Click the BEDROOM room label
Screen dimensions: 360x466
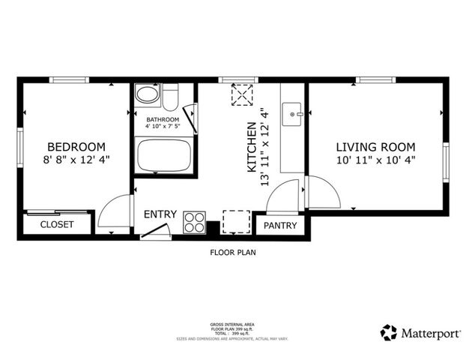pos(76,147)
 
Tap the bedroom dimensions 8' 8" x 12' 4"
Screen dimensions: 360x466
pos(76,160)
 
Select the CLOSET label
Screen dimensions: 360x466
pos(57,224)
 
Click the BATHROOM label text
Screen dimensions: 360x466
pos(163,120)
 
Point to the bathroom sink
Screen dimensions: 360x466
pos(147,95)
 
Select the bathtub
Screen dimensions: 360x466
pos(164,154)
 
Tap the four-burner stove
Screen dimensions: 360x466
pos(194,223)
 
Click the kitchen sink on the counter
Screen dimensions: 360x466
pos(293,115)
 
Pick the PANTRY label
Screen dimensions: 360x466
pos(280,226)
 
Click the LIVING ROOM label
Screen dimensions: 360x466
pos(375,147)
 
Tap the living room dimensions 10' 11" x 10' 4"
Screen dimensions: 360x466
pos(375,160)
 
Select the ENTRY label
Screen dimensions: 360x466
pos(160,214)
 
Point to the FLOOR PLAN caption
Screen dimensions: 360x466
pos(232,253)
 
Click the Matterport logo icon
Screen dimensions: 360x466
pos(388,333)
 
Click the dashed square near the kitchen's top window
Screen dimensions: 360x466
pos(242,95)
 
